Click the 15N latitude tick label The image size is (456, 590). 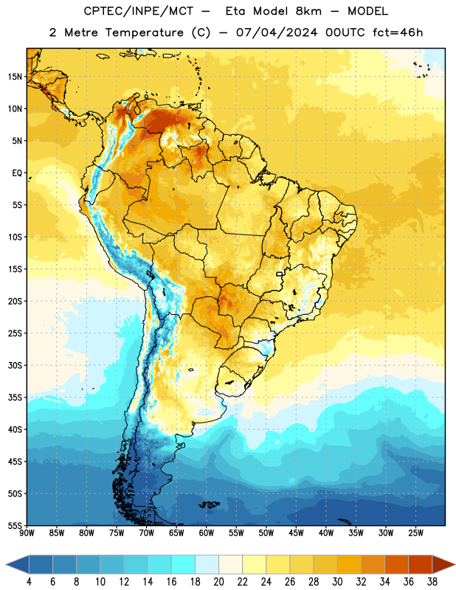[15, 77]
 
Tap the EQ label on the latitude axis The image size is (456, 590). [17, 173]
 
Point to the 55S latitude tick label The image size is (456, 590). [15, 525]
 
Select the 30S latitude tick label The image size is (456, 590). [15, 365]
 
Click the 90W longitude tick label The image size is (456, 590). [27, 532]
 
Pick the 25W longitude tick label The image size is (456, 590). [415, 532]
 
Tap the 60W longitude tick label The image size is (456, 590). [207, 532]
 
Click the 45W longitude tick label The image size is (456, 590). [296, 532]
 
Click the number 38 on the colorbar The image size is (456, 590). [432, 582]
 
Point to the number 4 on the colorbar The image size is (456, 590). [29, 582]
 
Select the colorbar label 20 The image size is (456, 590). [218, 582]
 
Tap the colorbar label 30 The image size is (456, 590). [337, 582]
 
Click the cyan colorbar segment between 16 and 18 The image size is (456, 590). [184, 564]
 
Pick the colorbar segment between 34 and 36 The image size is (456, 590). [396, 564]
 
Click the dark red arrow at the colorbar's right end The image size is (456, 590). [443, 564]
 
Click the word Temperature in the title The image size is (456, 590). [144, 32]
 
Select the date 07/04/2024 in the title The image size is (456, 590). [277, 32]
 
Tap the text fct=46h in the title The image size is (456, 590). [398, 32]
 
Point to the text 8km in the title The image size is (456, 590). [308, 11]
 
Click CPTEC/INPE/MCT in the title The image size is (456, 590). [138, 11]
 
